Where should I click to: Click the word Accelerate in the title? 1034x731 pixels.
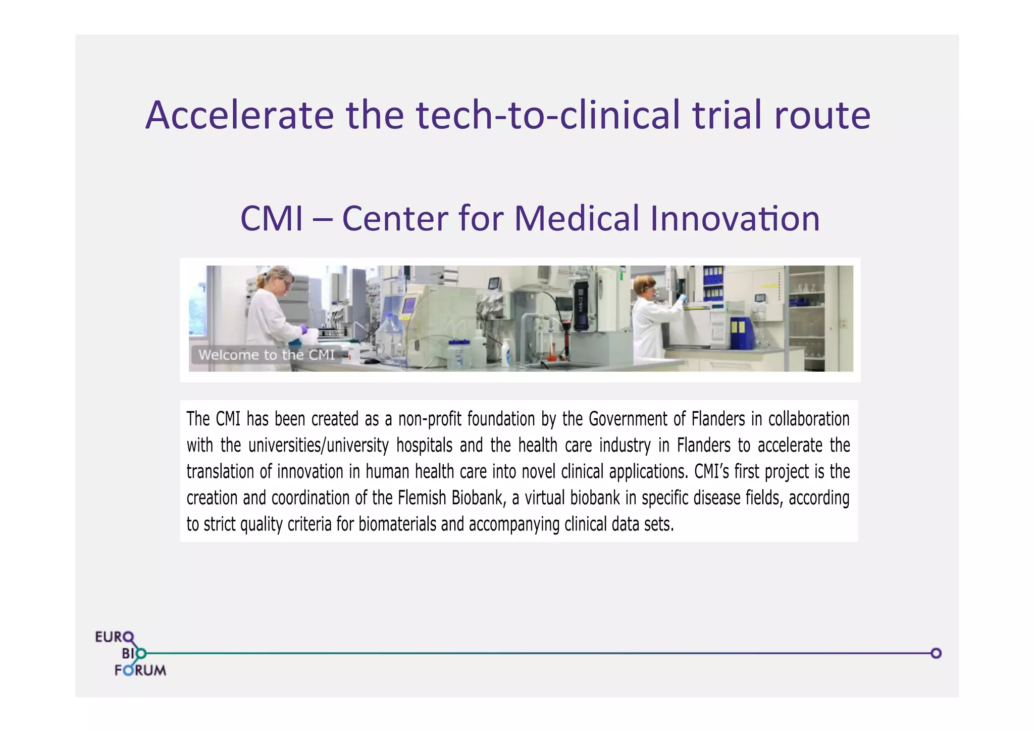(239, 115)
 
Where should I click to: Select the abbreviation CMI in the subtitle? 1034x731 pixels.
(272, 218)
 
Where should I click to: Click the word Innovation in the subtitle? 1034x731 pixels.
(735, 218)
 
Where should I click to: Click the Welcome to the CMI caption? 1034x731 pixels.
(266, 355)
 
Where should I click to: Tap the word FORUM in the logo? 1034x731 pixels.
(140, 670)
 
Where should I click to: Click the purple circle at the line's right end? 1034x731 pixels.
(936, 653)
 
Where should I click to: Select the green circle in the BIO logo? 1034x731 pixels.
(141, 654)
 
